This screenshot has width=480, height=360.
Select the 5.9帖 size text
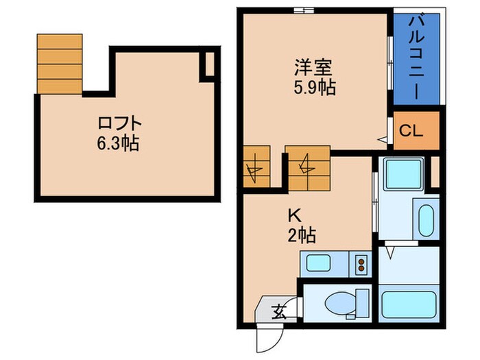point(313,88)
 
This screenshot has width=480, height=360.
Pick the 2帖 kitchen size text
point(302,235)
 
